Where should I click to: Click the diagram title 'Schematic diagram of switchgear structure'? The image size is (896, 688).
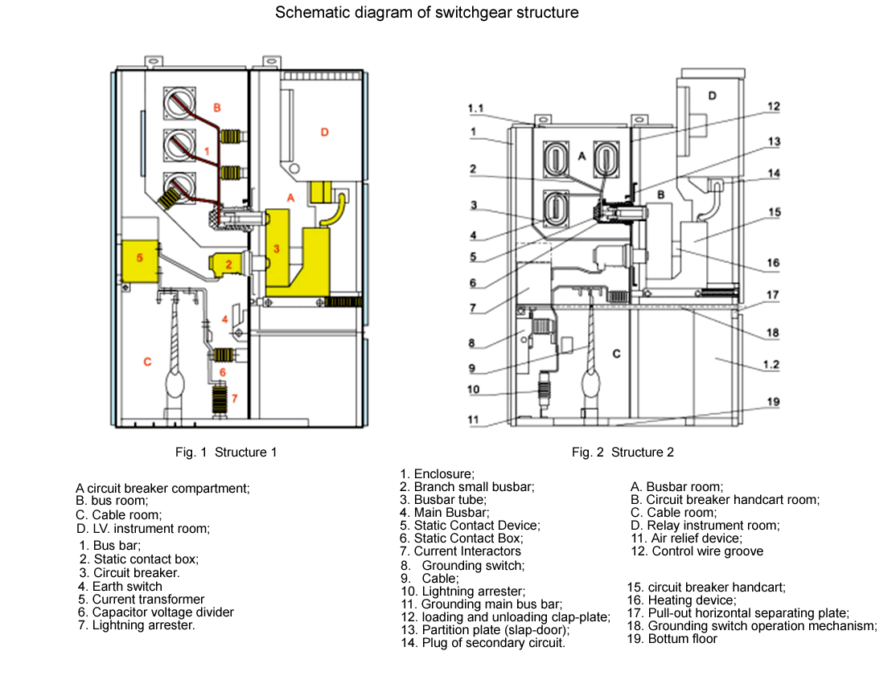426,13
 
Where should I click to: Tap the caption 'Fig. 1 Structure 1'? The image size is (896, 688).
226,453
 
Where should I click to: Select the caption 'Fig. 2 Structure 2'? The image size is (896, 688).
623,453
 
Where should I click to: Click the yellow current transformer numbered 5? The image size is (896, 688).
140,258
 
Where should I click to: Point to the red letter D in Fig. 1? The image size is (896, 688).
324,132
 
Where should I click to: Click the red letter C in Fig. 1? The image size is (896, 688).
147,362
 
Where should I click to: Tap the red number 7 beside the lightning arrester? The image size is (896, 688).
234,398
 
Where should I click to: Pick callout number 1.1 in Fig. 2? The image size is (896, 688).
475,108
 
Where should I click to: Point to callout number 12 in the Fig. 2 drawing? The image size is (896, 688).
773,106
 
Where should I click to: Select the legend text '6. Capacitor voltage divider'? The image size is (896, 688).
156,612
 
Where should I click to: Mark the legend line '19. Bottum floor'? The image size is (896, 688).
672,638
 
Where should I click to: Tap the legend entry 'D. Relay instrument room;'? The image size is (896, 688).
705,526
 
